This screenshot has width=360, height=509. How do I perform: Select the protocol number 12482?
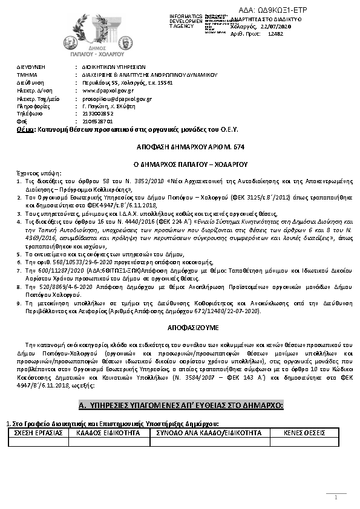point(275,34)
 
